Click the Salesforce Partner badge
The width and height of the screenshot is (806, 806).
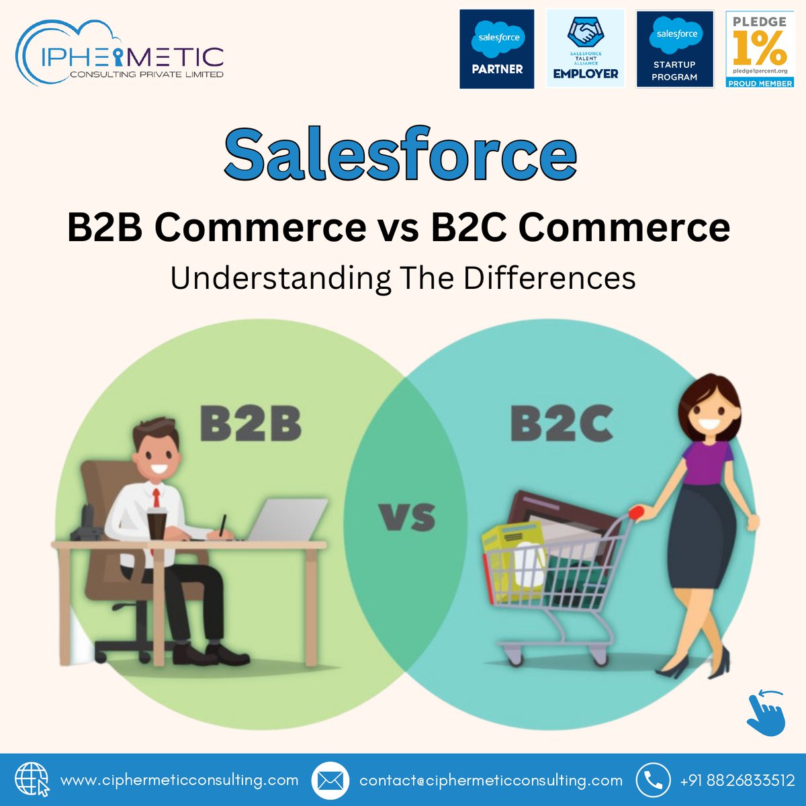tap(497, 49)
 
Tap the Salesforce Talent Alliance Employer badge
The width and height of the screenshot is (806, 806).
tap(586, 49)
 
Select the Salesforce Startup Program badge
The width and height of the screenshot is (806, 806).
tap(675, 49)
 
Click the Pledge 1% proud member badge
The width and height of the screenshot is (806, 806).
tap(760, 49)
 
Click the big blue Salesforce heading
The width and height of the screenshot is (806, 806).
tap(400, 156)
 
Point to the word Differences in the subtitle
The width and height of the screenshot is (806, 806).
tap(549, 278)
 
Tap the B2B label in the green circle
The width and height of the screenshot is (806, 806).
tap(251, 424)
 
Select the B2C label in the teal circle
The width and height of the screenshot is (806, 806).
tap(562, 424)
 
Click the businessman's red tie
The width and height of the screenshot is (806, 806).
tap(156, 499)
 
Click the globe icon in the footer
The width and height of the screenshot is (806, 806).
tap(32, 780)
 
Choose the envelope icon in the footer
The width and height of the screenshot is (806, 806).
tap(330, 780)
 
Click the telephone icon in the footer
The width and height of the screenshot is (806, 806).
tap(653, 780)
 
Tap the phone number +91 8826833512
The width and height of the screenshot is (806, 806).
tap(737, 780)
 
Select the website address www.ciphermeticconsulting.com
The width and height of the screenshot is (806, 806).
tap(179, 780)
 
